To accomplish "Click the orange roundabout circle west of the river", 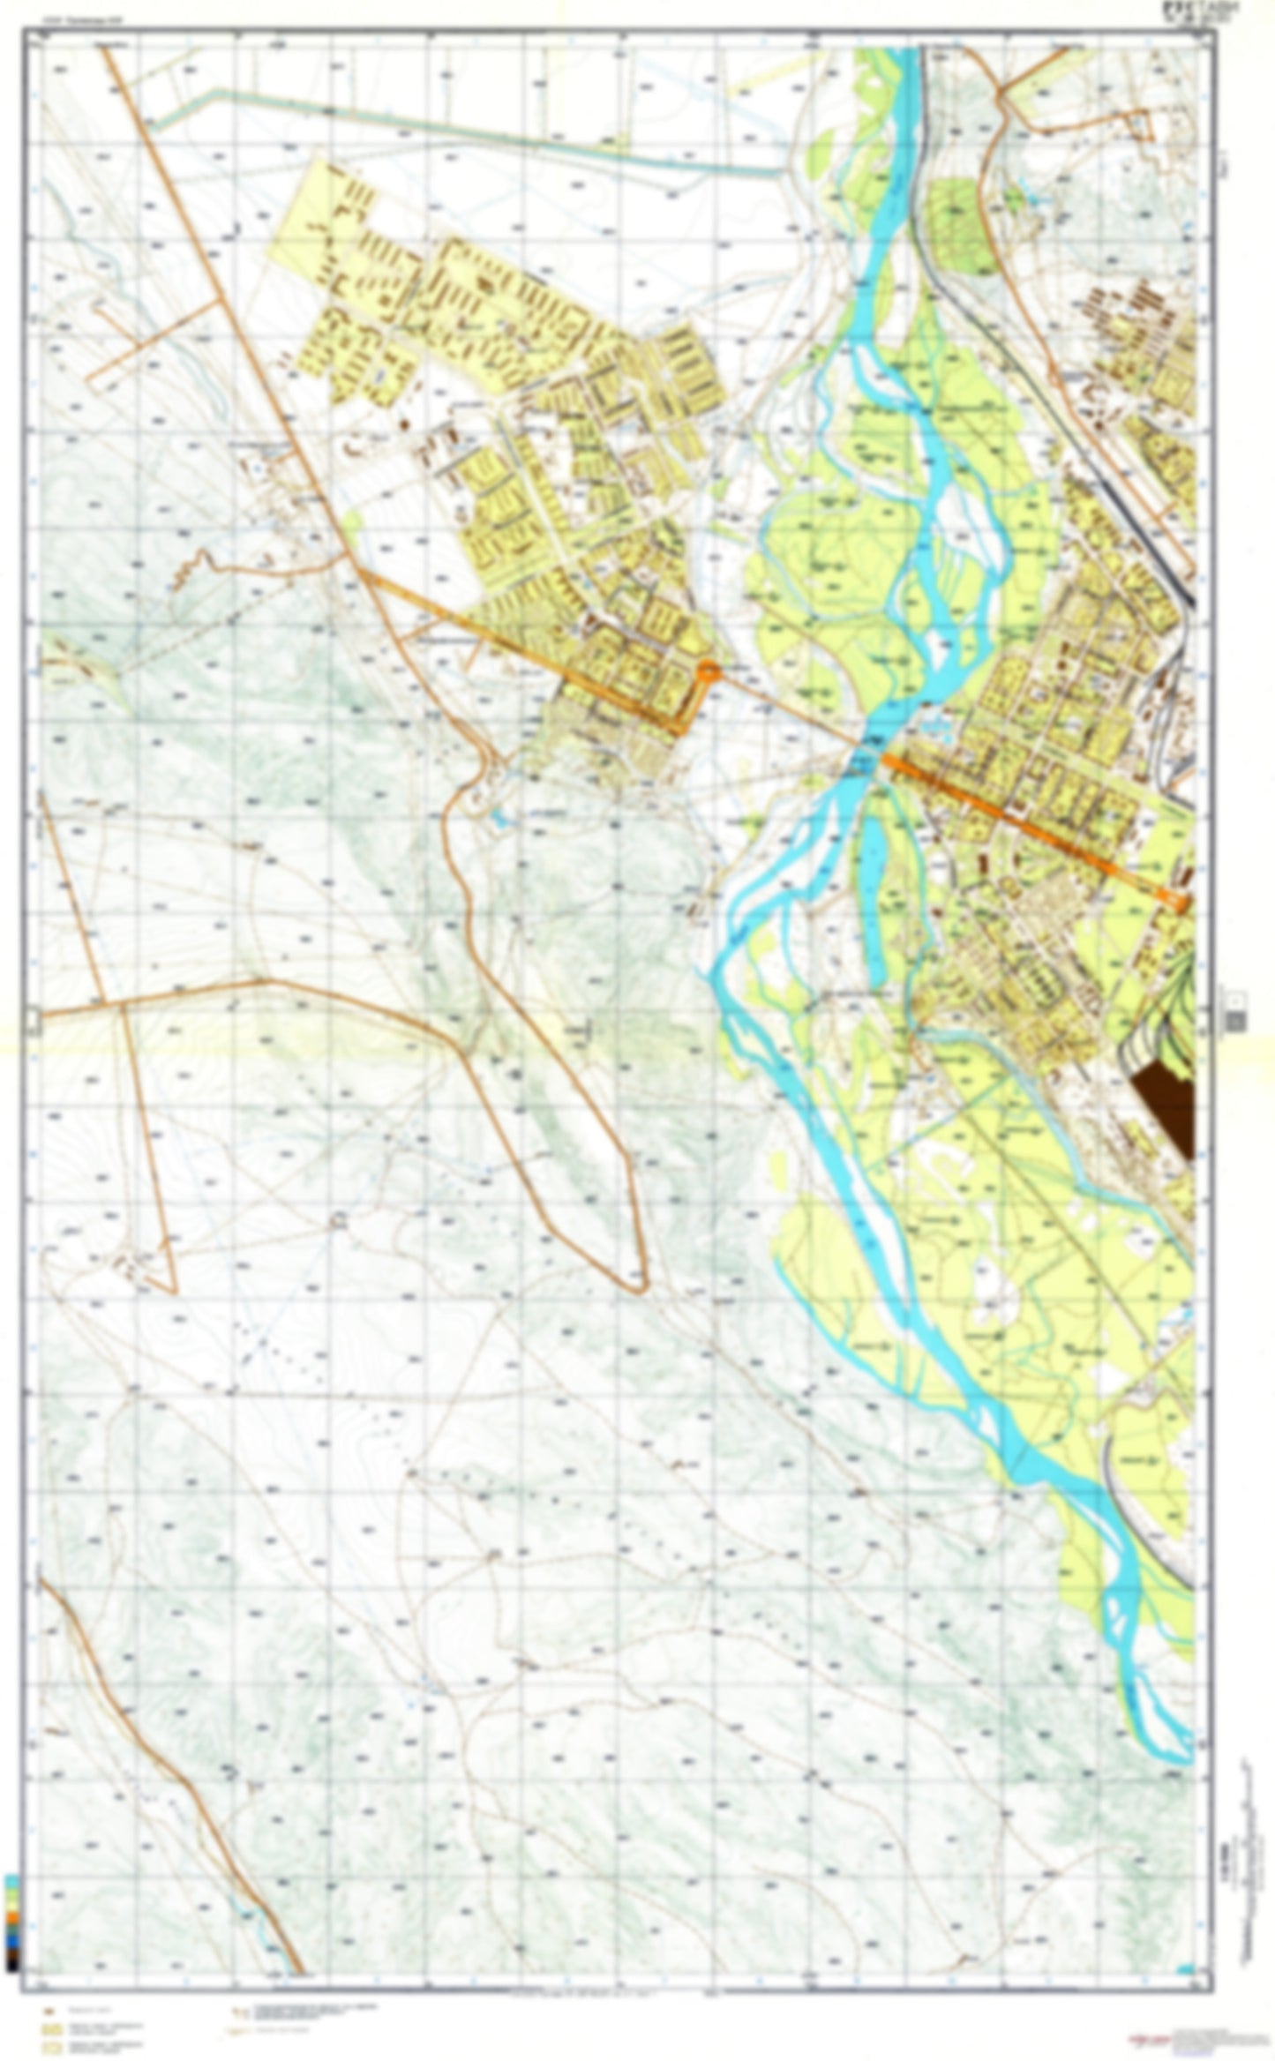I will (708, 672).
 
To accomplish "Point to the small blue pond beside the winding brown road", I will (499, 820).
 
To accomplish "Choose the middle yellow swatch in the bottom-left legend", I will (52, 2029).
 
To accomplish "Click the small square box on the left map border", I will (33, 1021).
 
